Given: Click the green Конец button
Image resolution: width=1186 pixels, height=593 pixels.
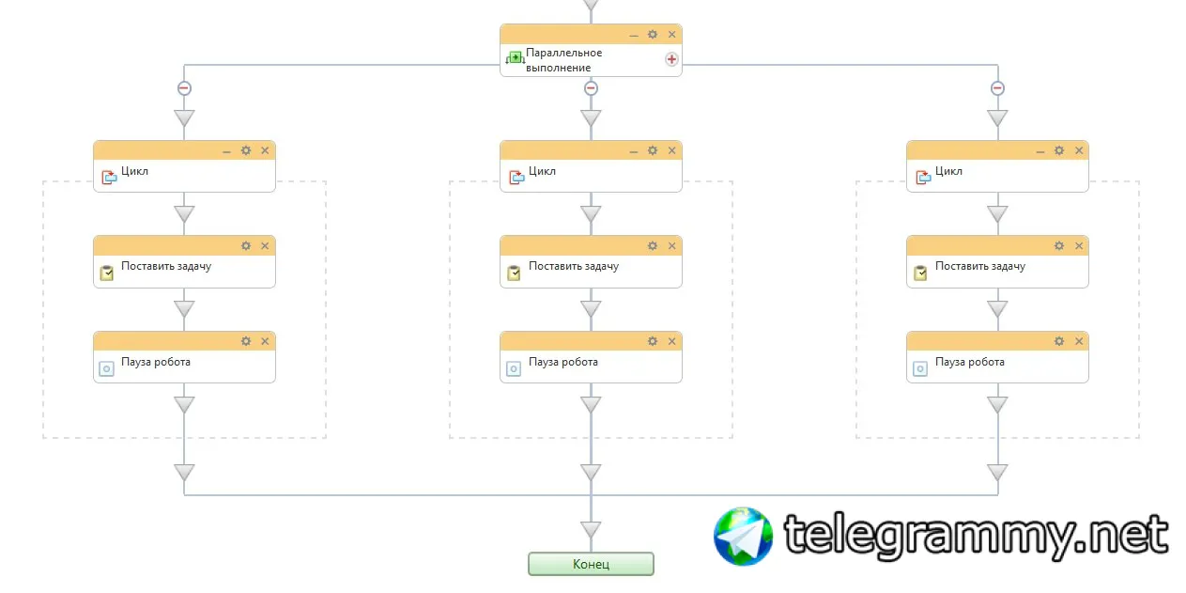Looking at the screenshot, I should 591,564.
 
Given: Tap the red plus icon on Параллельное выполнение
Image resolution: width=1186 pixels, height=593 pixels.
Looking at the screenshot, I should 671,59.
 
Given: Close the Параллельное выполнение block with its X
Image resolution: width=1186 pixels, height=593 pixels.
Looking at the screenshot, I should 671,35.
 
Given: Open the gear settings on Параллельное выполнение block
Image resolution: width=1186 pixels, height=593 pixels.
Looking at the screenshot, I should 653,35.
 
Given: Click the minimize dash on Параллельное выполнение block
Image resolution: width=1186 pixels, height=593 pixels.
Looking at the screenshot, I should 634,35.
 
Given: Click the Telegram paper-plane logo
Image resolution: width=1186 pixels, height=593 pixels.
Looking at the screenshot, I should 743,537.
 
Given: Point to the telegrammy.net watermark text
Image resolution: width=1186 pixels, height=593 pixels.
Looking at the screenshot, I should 977,536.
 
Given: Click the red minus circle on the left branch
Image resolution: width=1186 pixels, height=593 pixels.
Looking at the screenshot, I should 184,88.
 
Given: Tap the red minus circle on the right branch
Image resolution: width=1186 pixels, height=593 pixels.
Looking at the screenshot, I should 997,88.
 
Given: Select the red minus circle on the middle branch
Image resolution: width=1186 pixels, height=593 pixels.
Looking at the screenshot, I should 591,88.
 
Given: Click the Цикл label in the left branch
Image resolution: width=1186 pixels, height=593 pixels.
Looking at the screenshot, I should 134,172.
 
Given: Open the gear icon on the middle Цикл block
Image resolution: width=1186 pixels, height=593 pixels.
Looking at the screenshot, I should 653,150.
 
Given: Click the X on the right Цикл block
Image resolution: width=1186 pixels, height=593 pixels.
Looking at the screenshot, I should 1078,150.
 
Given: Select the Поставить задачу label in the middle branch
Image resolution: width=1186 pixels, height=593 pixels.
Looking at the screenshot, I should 574,267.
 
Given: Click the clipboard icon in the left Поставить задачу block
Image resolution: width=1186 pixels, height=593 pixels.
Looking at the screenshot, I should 107,273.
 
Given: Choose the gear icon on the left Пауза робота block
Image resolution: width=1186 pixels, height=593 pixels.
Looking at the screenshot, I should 246,341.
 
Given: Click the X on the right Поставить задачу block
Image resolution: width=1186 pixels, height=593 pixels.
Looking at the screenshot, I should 1078,246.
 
